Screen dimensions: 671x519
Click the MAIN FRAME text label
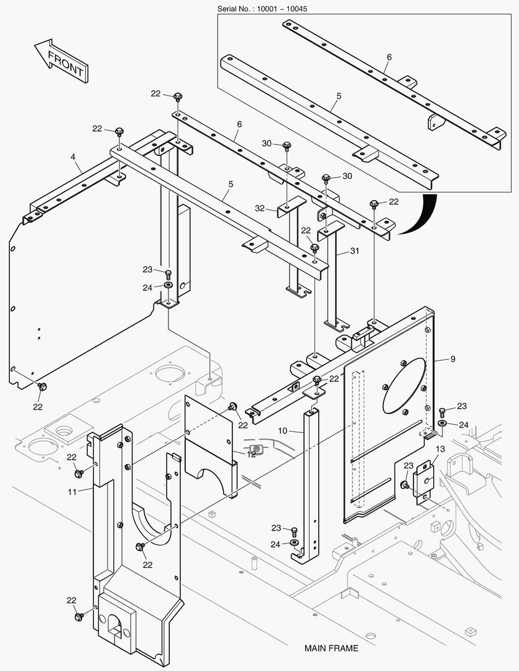point(331,648)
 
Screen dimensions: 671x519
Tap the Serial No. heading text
point(262,9)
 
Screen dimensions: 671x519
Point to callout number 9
point(452,358)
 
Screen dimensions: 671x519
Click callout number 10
point(282,430)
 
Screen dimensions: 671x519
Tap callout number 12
point(251,454)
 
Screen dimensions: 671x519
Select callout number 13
point(440,449)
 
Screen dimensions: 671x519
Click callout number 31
point(355,252)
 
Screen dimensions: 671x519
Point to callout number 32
point(260,209)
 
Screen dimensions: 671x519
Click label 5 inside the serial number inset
point(339,96)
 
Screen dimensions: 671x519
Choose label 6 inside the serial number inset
point(389,57)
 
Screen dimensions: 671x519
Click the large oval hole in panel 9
point(404,385)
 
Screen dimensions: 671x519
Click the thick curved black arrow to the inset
point(415,216)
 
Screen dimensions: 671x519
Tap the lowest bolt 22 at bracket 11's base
point(79,616)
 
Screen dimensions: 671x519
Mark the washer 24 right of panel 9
point(442,423)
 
